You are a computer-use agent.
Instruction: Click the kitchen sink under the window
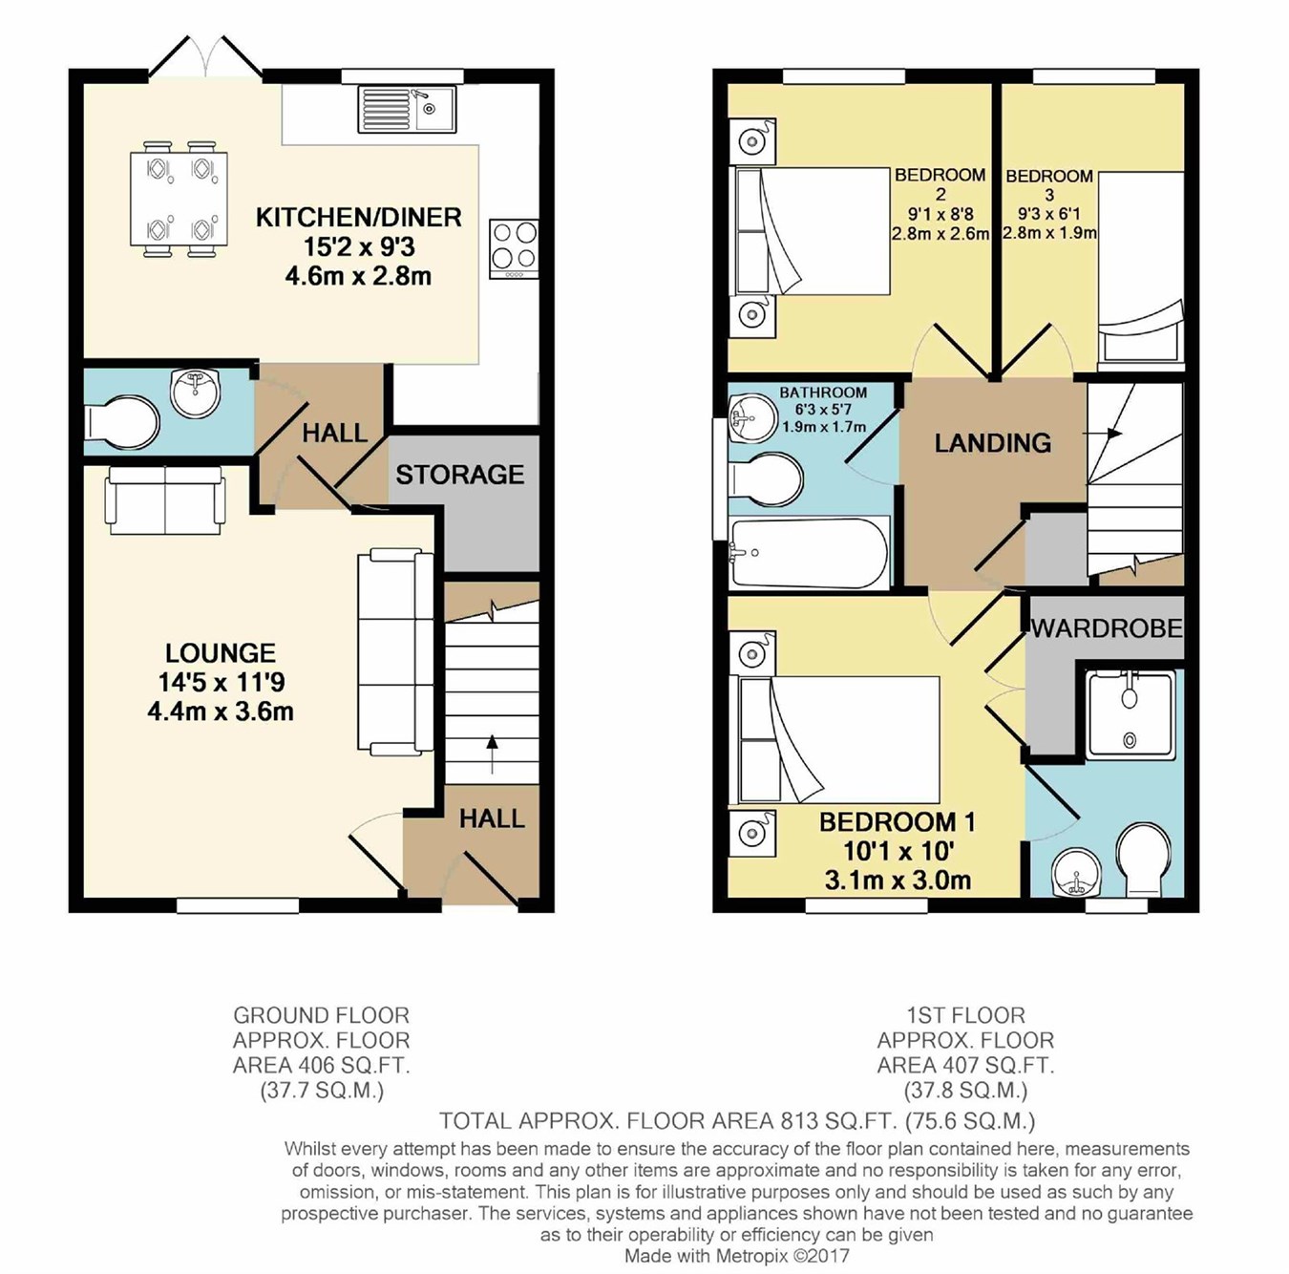click(407, 109)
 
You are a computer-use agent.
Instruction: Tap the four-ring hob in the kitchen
click(514, 248)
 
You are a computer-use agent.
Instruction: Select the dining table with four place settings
click(179, 199)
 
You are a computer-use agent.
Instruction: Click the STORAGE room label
click(459, 475)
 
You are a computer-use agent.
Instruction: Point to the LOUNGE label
click(220, 652)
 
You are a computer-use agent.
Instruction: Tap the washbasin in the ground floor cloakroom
click(196, 393)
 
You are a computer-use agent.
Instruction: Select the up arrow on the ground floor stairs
click(493, 754)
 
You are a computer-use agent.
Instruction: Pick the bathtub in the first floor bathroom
click(810, 553)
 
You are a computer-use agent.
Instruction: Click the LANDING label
click(993, 443)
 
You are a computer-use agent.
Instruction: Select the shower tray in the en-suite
click(1130, 715)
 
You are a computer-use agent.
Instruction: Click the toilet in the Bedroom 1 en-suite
click(1146, 860)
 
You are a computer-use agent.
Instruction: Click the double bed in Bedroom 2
click(813, 231)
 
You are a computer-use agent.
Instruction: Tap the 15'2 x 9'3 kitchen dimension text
click(359, 247)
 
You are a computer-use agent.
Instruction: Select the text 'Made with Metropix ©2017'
click(736, 1255)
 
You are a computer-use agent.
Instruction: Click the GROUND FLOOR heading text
click(321, 1015)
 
